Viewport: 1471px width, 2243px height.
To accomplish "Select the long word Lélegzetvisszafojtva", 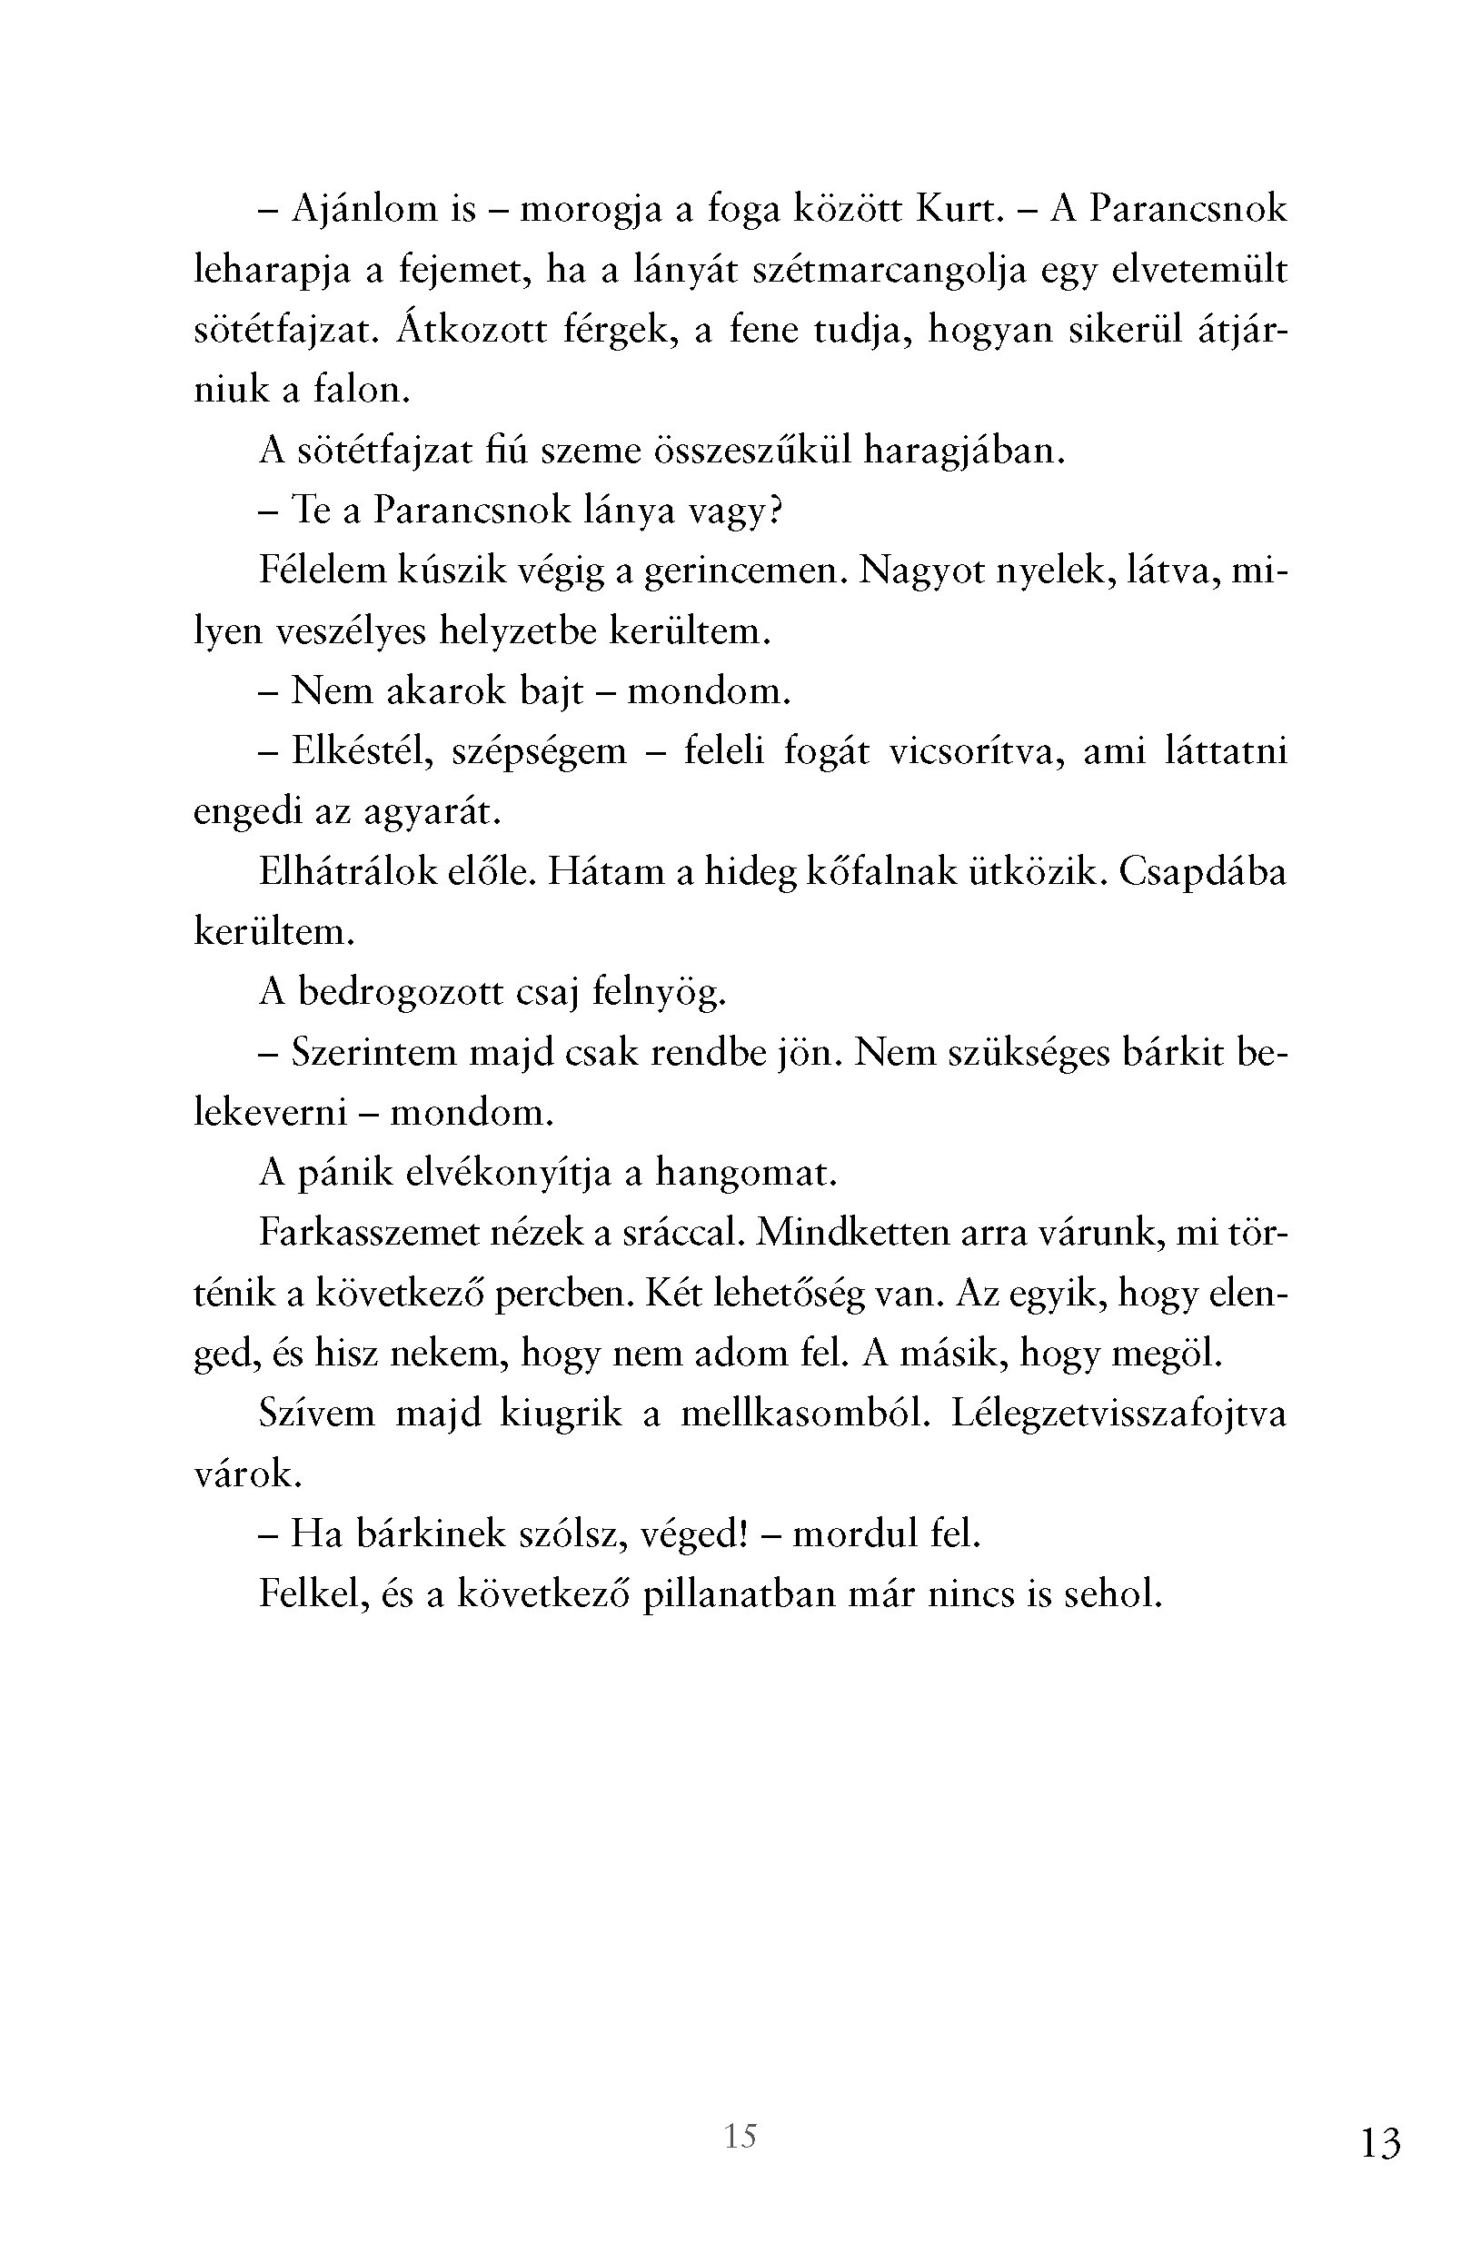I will click(x=1118, y=1414).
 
